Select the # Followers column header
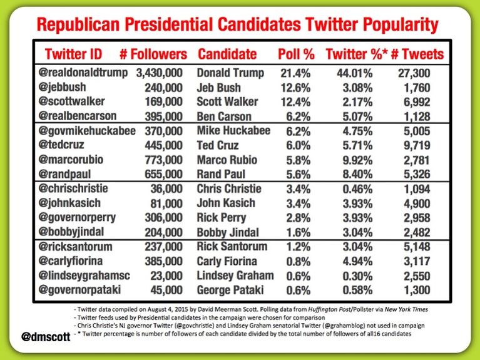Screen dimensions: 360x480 point(153,53)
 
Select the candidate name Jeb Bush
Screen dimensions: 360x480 point(220,87)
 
